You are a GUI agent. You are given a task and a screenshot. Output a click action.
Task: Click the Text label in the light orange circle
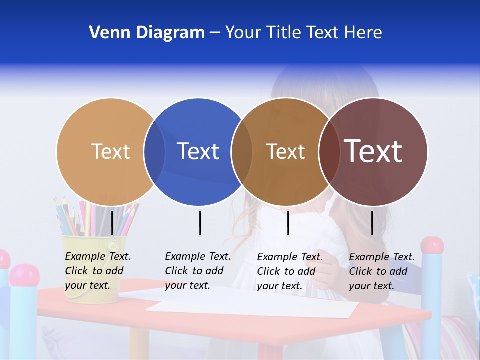point(110,151)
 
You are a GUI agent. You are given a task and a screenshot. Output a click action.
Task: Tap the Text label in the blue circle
point(198,151)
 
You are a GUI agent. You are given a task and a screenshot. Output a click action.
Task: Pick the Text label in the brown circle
point(285,151)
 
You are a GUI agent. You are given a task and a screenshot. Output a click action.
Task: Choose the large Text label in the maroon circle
point(373,151)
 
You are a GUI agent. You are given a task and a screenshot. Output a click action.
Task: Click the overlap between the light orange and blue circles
point(154,151)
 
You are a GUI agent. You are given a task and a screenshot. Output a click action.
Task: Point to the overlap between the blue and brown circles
point(242,151)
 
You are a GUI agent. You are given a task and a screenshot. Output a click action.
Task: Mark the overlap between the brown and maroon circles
point(329,151)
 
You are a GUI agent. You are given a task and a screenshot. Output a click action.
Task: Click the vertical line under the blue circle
point(200,223)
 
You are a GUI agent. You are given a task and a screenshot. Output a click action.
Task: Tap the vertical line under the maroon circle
point(372,223)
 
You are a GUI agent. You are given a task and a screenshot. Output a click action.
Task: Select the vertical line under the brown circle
point(288,223)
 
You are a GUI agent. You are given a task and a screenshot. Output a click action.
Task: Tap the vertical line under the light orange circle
point(112,223)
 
